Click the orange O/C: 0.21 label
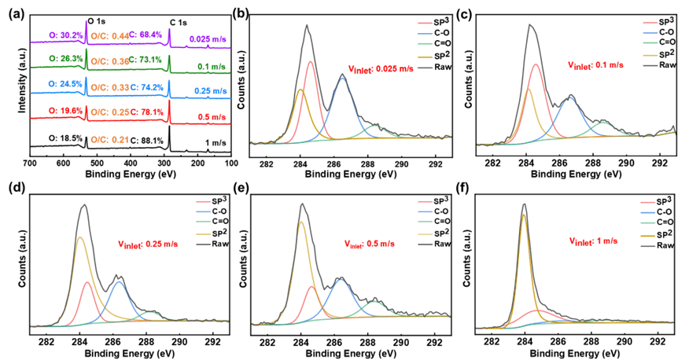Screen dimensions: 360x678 click(x=109, y=139)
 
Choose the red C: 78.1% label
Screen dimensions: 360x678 click(x=147, y=112)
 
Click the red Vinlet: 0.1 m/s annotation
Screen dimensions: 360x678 click(x=595, y=67)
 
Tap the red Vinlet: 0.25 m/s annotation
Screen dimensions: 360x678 click(x=147, y=244)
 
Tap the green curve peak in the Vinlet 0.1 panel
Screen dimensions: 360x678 click(x=602, y=122)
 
